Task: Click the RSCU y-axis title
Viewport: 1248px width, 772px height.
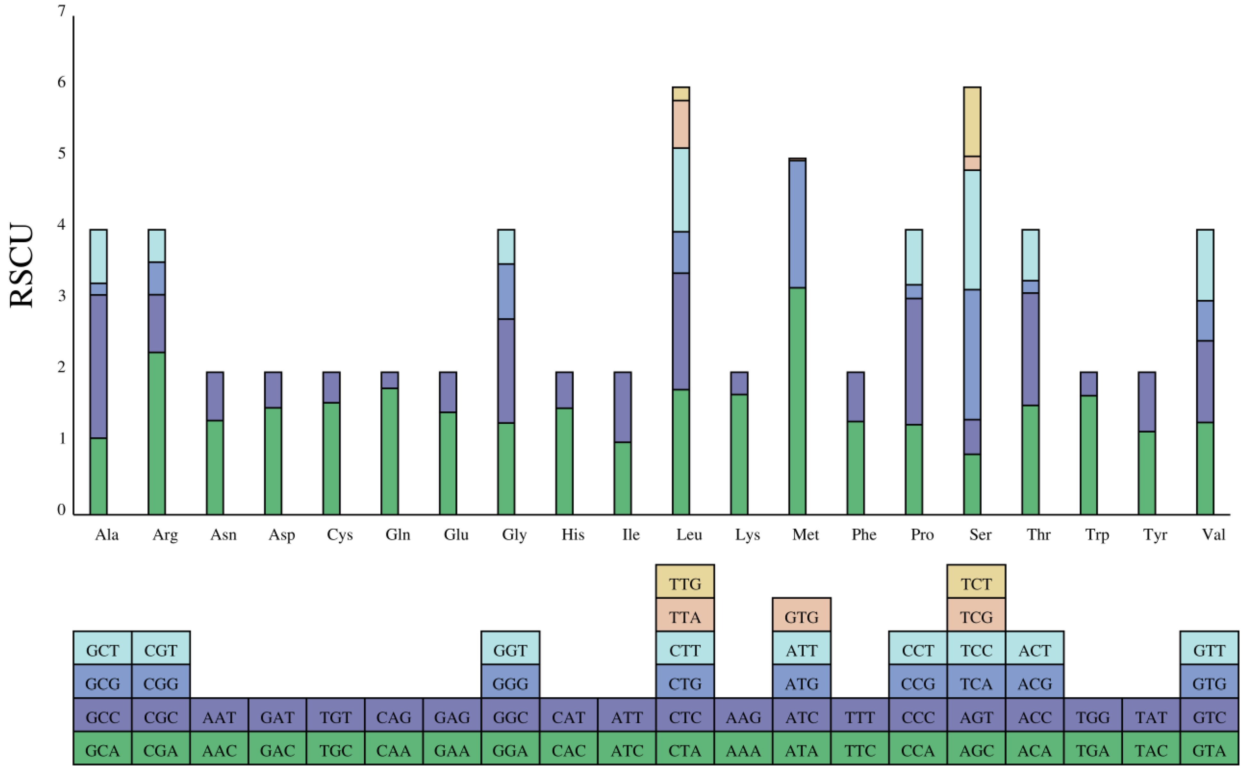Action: [21, 265]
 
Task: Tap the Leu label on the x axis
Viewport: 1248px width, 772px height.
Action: [689, 535]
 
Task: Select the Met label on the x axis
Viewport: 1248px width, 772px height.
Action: [805, 535]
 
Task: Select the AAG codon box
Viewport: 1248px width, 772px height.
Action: [743, 717]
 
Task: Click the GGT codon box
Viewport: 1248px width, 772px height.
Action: [510, 650]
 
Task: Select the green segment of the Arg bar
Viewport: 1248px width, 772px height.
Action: [156, 433]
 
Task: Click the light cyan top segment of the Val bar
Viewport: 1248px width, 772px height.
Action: [1205, 265]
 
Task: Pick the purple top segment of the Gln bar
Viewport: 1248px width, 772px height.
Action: [389, 380]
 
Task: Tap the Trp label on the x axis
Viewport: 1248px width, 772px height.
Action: [1097, 535]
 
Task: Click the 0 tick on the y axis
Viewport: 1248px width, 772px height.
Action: [62, 509]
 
